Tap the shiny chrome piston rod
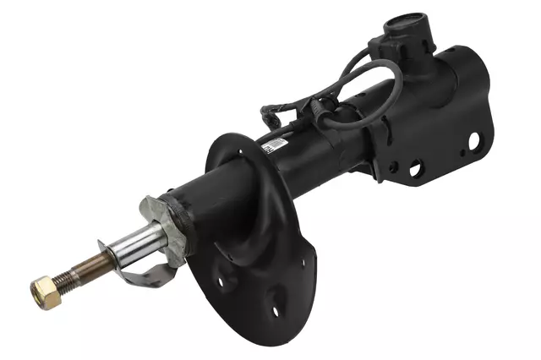click(x=136, y=246)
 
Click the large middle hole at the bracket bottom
click(x=416, y=170)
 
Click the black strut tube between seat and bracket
click(x=321, y=144)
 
